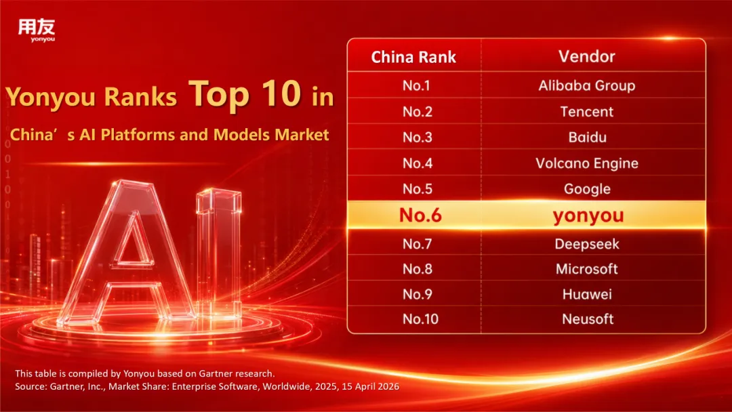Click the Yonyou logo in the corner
(37, 30)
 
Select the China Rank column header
(413, 57)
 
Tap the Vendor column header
(587, 56)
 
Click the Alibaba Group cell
(587, 85)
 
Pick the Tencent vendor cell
(587, 112)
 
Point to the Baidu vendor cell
(587, 137)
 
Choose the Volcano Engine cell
(587, 163)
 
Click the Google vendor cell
(587, 189)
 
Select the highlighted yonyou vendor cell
(588, 215)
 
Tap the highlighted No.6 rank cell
(420, 215)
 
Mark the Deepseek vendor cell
(587, 244)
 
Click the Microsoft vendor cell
(587, 269)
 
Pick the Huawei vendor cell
(587, 294)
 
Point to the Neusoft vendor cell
(588, 319)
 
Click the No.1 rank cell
(416, 85)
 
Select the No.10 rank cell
(420, 319)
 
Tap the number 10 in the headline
(281, 94)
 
